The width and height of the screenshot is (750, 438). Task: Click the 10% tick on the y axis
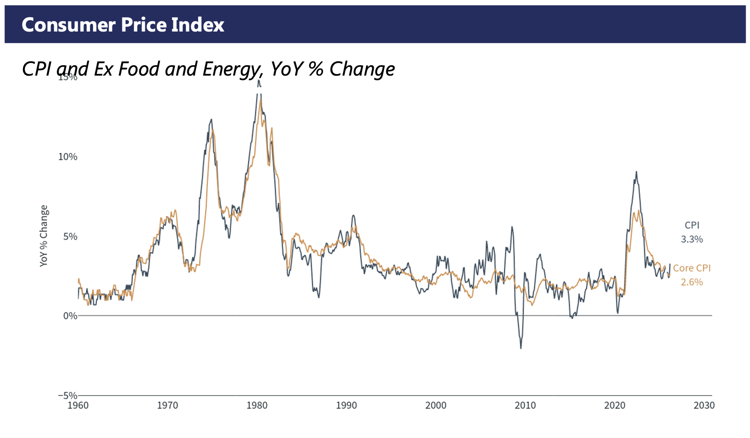68,157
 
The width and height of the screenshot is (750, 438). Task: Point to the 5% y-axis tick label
71,236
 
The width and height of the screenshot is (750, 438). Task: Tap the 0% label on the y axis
71,316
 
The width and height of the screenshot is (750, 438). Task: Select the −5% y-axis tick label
68,396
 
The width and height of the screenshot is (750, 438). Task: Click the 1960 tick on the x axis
78,406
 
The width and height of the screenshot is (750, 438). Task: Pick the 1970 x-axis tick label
167,406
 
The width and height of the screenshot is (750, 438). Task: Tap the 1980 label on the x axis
257,406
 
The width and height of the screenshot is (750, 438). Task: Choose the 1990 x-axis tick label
346,406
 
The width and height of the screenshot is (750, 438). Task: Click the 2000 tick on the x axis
436,406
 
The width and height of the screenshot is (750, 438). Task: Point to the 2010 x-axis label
525,406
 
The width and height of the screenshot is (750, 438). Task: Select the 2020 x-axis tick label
615,406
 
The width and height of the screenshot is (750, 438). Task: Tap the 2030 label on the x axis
704,406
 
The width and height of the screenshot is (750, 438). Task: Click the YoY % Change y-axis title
44,236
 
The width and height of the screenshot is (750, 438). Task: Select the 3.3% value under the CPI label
692,239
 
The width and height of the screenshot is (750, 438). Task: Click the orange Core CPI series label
692,268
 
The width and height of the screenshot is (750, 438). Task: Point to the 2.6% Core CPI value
692,282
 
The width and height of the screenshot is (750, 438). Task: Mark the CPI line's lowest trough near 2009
521,348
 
